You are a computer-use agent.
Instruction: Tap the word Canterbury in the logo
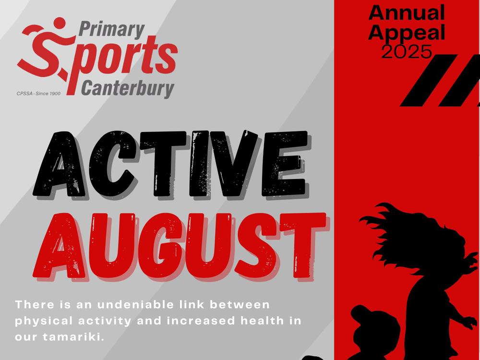tap(128, 89)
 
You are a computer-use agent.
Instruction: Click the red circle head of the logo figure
tap(60, 23)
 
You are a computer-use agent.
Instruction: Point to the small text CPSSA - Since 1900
tap(38, 94)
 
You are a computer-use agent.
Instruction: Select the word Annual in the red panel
tap(407, 13)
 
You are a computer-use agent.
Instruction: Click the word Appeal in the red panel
tap(407, 33)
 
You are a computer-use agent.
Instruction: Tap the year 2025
tap(407, 51)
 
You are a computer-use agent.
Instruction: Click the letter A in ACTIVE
tap(60, 164)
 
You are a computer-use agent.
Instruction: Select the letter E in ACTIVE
tap(285, 164)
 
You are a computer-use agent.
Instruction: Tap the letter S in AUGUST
tap(256, 246)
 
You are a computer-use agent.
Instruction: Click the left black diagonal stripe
tap(429, 80)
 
